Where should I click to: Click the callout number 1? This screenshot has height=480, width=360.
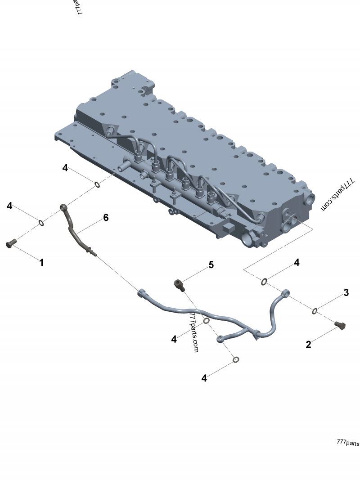tap(41, 262)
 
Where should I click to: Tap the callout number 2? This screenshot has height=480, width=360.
tap(308, 345)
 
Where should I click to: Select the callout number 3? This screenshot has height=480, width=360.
tap(346, 293)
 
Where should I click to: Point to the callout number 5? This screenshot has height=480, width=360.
tap(211, 265)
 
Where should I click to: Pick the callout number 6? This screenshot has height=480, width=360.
tap(106, 218)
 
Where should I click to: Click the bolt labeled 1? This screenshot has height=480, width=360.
tap(10, 243)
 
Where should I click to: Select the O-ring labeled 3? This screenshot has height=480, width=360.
tap(315, 310)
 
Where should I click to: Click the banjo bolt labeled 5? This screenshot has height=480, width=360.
tap(179, 284)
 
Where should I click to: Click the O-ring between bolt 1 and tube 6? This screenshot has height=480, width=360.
tap(41, 222)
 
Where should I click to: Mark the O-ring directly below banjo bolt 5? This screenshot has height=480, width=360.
tap(206, 321)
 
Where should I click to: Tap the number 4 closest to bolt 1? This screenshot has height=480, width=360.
tap(9, 206)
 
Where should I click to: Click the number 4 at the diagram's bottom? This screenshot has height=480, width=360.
tap(204, 378)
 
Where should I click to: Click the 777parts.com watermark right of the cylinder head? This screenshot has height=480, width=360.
tap(337, 194)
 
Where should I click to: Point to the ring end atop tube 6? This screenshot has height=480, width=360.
tap(64, 207)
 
